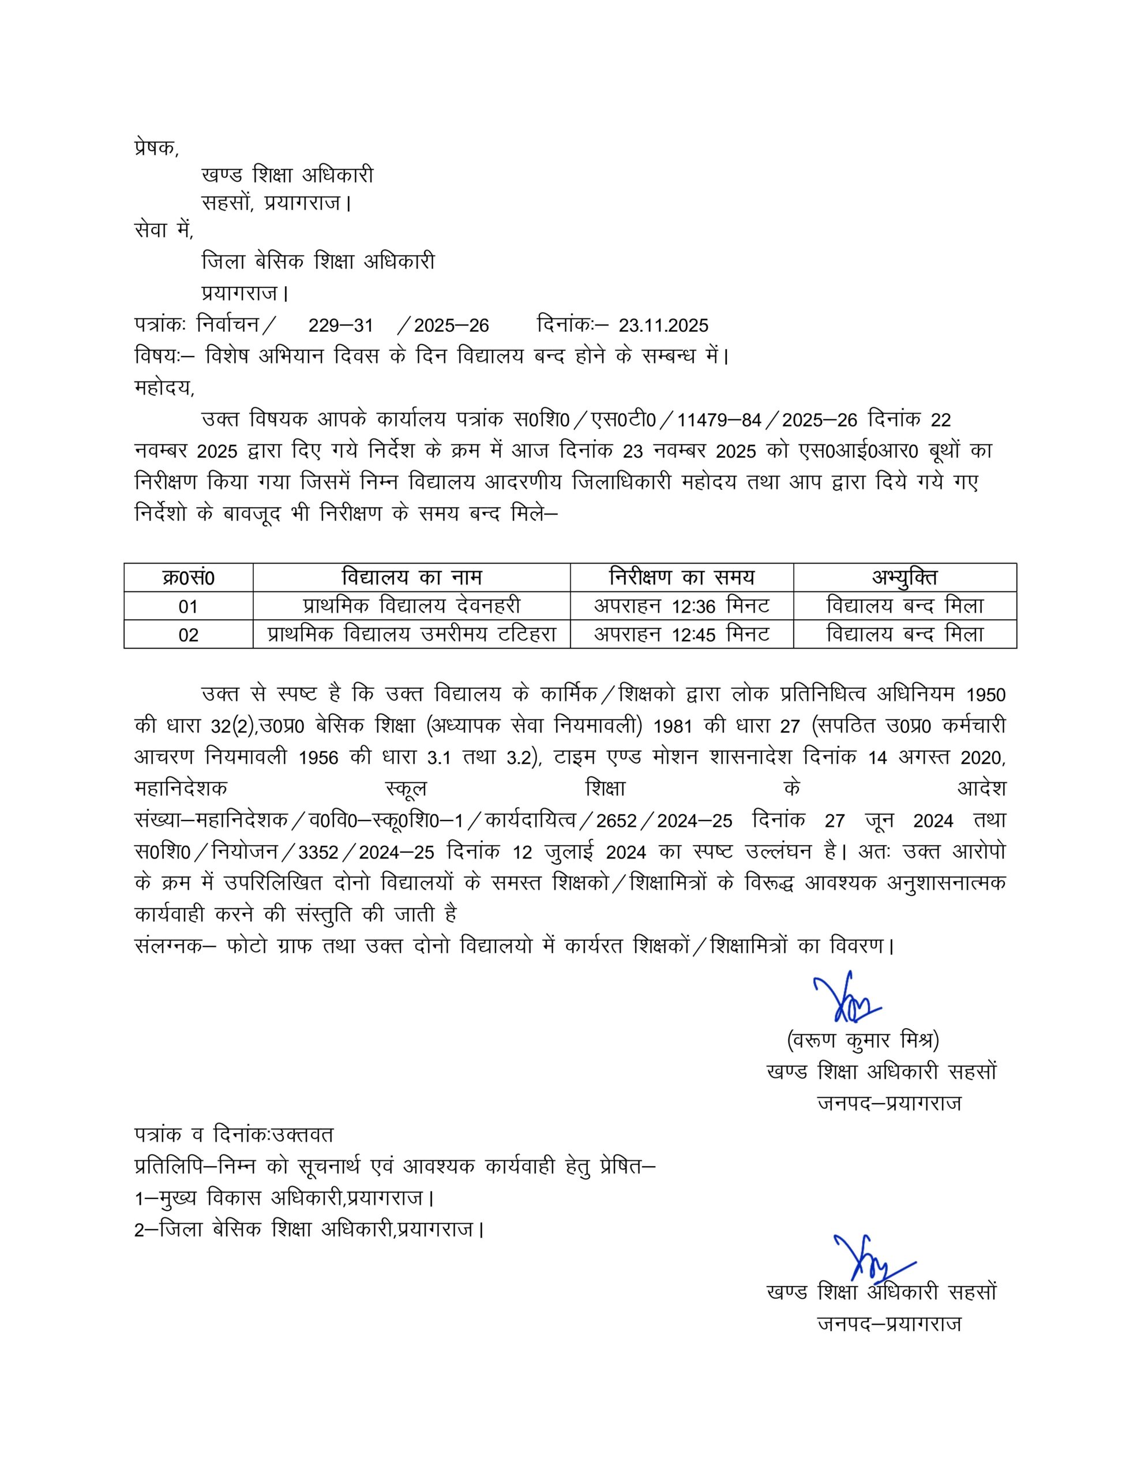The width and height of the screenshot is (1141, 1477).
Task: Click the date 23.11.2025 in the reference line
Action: pyautogui.click(x=663, y=326)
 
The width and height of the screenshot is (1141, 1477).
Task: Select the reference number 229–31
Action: pyautogui.click(x=340, y=326)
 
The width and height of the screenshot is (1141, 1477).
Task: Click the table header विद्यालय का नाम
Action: pyautogui.click(x=411, y=578)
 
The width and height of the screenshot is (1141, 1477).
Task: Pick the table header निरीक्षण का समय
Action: pyautogui.click(x=681, y=578)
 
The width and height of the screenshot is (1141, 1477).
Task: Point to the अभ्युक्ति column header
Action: pyautogui.click(x=904, y=578)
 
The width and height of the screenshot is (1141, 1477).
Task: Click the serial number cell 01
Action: pyautogui.click(x=188, y=606)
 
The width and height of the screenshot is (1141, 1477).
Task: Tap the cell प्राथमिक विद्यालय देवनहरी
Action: pyautogui.click(x=411, y=606)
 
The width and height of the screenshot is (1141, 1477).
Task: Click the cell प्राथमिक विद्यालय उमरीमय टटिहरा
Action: pyautogui.click(x=411, y=634)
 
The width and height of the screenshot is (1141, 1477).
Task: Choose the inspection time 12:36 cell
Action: pyautogui.click(x=681, y=606)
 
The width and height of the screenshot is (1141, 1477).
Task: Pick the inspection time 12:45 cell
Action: pyautogui.click(x=681, y=634)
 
